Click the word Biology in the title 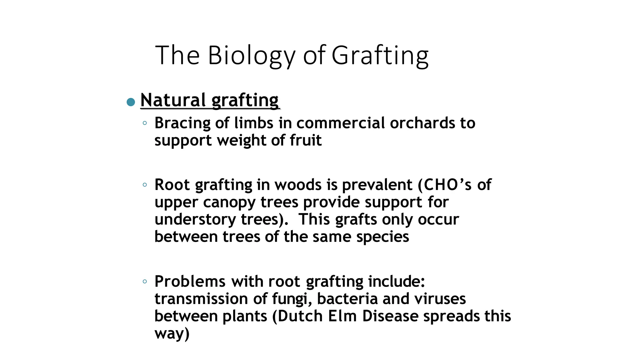click(x=251, y=56)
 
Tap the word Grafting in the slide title click(x=380, y=56)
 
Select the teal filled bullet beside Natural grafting click(x=131, y=102)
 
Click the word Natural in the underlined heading click(x=173, y=100)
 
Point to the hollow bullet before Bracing click(x=145, y=123)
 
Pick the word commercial click(x=341, y=123)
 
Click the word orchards click(x=423, y=123)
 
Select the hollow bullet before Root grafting click(x=145, y=185)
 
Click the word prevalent click(x=377, y=185)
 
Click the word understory click(x=195, y=219)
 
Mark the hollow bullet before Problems click(x=145, y=282)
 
